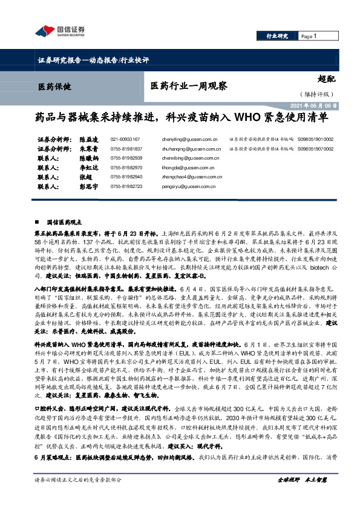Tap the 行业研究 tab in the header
tap(277, 36)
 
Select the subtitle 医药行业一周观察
tap(188, 86)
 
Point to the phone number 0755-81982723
tap(126, 187)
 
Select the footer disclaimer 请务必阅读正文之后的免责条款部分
tap(78, 496)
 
